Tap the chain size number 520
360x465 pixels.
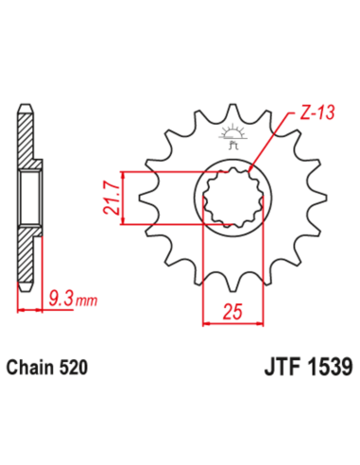point(81,364)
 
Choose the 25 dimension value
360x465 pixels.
point(231,310)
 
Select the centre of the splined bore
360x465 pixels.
point(231,198)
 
